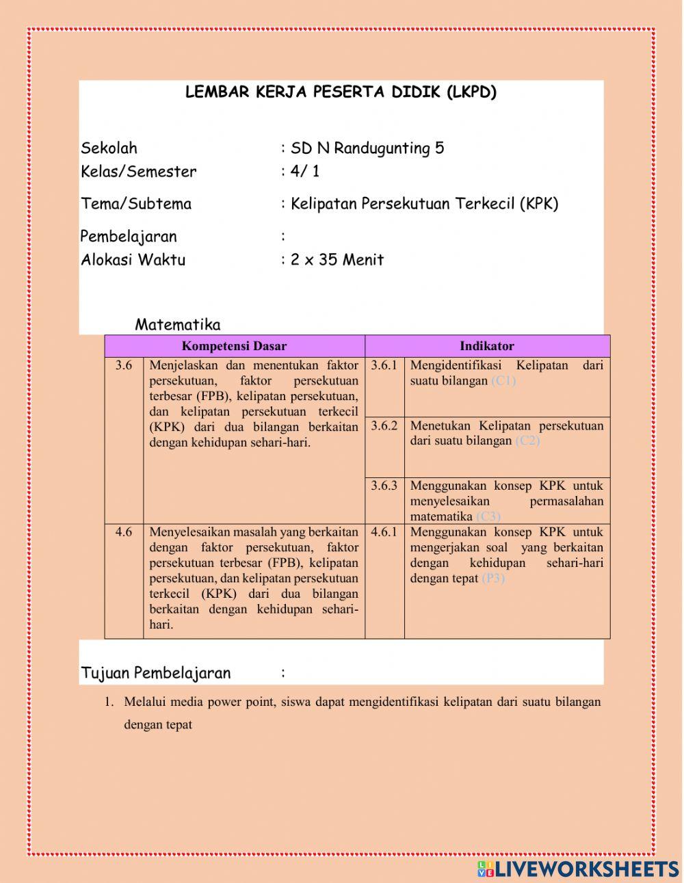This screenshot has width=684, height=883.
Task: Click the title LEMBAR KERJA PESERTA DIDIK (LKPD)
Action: pyautogui.click(x=341, y=93)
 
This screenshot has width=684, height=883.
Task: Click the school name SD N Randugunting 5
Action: pyautogui.click(x=367, y=148)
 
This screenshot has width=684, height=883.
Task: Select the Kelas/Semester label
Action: pyautogui.click(x=138, y=172)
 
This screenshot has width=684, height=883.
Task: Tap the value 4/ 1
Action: pyautogui.click(x=304, y=172)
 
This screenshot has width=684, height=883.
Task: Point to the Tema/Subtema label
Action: pyautogui.click(x=136, y=204)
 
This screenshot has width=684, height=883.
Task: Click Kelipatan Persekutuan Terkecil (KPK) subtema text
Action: pyautogui.click(x=424, y=204)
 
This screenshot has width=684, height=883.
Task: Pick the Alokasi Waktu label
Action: pyautogui.click(x=133, y=260)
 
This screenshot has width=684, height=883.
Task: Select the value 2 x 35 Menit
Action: pyautogui.click(x=337, y=260)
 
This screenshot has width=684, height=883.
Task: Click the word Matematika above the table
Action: pyautogui.click(x=177, y=325)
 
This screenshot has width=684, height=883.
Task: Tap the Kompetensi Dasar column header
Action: pyautogui.click(x=234, y=346)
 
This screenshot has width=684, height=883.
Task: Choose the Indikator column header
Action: pyautogui.click(x=486, y=346)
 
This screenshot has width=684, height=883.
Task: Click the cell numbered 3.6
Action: pyautogui.click(x=124, y=365)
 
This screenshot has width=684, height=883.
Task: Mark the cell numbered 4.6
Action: pyautogui.click(x=124, y=532)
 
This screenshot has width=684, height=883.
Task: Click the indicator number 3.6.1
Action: pyautogui.click(x=384, y=365)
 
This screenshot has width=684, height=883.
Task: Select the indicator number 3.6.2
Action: pyautogui.click(x=384, y=425)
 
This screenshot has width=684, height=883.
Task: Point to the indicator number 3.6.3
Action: pyautogui.click(x=384, y=486)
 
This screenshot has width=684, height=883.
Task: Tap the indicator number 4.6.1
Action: pyautogui.click(x=384, y=532)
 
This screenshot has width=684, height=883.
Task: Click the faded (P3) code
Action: pyautogui.click(x=492, y=579)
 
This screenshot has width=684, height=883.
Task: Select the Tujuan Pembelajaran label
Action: pyautogui.click(x=156, y=673)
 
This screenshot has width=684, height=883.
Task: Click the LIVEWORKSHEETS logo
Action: pyautogui.click(x=578, y=869)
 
